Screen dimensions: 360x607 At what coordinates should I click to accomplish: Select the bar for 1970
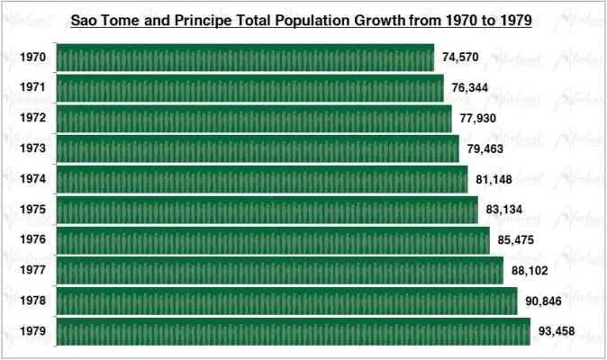245,58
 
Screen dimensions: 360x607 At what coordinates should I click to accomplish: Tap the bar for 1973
258,148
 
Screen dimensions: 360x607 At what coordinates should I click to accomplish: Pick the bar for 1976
273,240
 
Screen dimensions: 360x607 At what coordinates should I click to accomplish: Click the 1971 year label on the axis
33,88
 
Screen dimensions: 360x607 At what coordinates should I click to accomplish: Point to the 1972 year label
33,119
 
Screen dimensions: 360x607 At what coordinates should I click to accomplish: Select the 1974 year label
33,179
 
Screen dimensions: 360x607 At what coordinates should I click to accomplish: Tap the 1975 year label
33,210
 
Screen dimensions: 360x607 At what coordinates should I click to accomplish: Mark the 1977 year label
33,270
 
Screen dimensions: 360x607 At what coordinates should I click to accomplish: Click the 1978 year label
33,301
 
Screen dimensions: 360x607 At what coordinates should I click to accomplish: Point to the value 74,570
460,58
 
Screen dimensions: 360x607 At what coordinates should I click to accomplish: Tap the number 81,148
494,179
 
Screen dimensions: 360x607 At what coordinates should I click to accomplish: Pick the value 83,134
504,210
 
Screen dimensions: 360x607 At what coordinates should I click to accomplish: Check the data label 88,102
530,270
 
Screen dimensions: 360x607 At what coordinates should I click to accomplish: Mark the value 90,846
544,301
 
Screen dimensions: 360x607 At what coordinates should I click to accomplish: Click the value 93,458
557,331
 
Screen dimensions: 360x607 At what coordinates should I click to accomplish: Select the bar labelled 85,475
273,240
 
